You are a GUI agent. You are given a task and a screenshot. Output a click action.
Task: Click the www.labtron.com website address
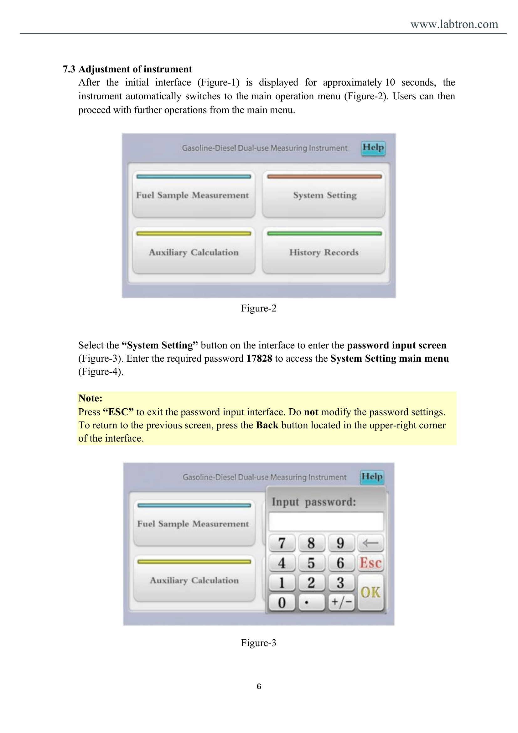[x=454, y=24]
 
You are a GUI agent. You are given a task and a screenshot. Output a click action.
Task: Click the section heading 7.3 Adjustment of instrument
[x=127, y=69]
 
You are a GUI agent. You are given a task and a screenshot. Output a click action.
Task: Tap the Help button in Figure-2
[x=373, y=148]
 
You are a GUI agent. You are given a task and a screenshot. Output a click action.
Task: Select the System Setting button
[x=324, y=194]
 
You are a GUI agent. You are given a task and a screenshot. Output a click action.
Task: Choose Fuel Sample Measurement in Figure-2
[x=194, y=194]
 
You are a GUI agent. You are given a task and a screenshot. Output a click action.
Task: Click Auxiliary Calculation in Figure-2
[x=194, y=251]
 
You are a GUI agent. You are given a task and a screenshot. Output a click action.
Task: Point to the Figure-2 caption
[x=259, y=308]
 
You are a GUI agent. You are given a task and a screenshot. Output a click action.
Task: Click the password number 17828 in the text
[x=259, y=359]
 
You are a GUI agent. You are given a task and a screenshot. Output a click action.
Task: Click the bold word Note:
[x=91, y=398]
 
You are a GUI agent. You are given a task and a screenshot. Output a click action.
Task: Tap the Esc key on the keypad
[x=370, y=563]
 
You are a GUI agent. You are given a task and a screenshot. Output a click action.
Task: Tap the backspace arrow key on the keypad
[x=370, y=543]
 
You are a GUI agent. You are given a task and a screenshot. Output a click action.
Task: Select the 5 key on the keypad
[x=311, y=563]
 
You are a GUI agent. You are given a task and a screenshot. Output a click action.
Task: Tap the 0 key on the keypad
[x=282, y=602]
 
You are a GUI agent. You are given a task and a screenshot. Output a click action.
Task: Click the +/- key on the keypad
[x=341, y=602]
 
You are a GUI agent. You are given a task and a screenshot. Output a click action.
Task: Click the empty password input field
[x=326, y=522]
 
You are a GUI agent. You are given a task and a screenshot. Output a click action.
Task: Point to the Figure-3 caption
[x=259, y=643]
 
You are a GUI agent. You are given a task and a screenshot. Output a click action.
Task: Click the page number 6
[x=259, y=686]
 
